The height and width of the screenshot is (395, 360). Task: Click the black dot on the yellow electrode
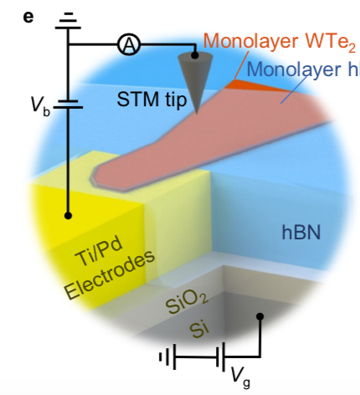pyautogui.click(x=68, y=216)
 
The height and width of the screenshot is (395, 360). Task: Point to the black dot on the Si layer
pyautogui.click(x=260, y=316)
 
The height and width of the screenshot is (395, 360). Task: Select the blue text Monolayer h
pyautogui.click(x=305, y=69)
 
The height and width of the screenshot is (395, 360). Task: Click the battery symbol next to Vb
pyautogui.click(x=68, y=103)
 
